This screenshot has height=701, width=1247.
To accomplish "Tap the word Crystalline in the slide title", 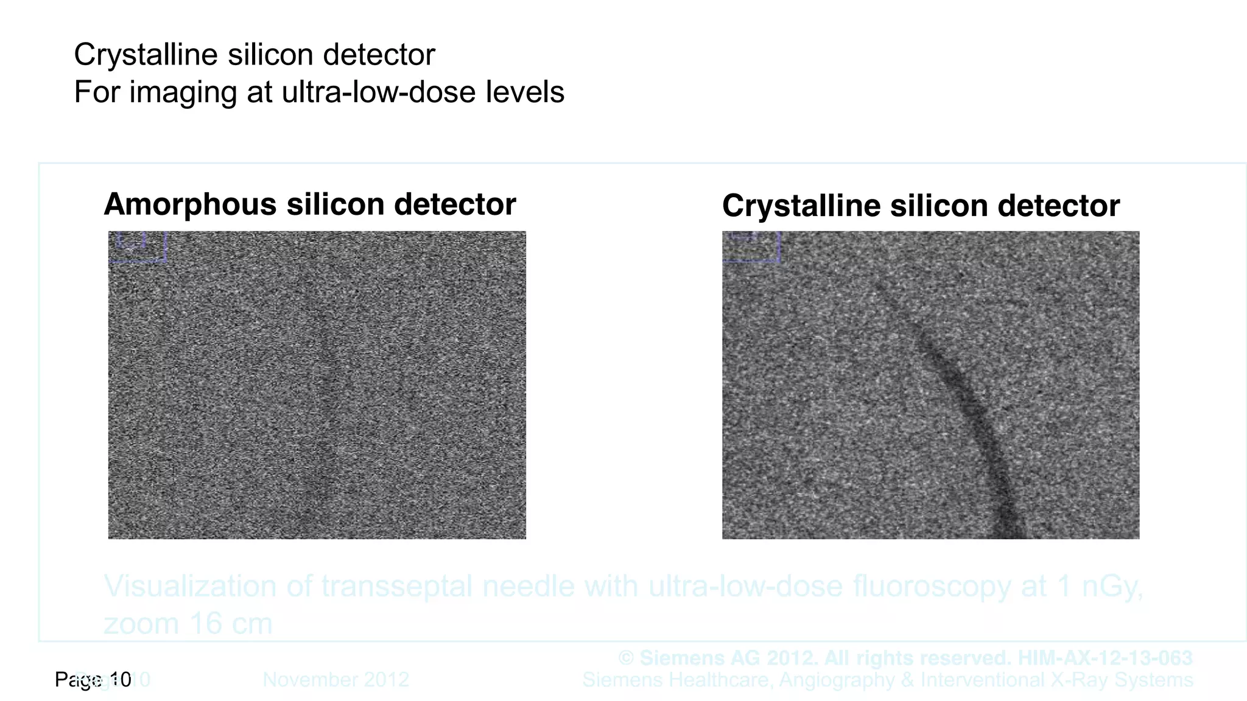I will coord(146,55).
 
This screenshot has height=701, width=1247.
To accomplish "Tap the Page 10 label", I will coord(93,680).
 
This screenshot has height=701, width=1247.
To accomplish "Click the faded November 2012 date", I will coord(335,680).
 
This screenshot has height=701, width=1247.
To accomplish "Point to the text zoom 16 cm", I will coord(188,624).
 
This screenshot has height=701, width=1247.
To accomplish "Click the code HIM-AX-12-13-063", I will coord(1105,658).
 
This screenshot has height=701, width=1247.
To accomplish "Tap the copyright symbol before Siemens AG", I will coord(626,658).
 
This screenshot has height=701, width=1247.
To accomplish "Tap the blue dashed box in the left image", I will coord(138,246).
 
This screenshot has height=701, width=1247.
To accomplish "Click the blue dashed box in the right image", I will coord(751,246).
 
